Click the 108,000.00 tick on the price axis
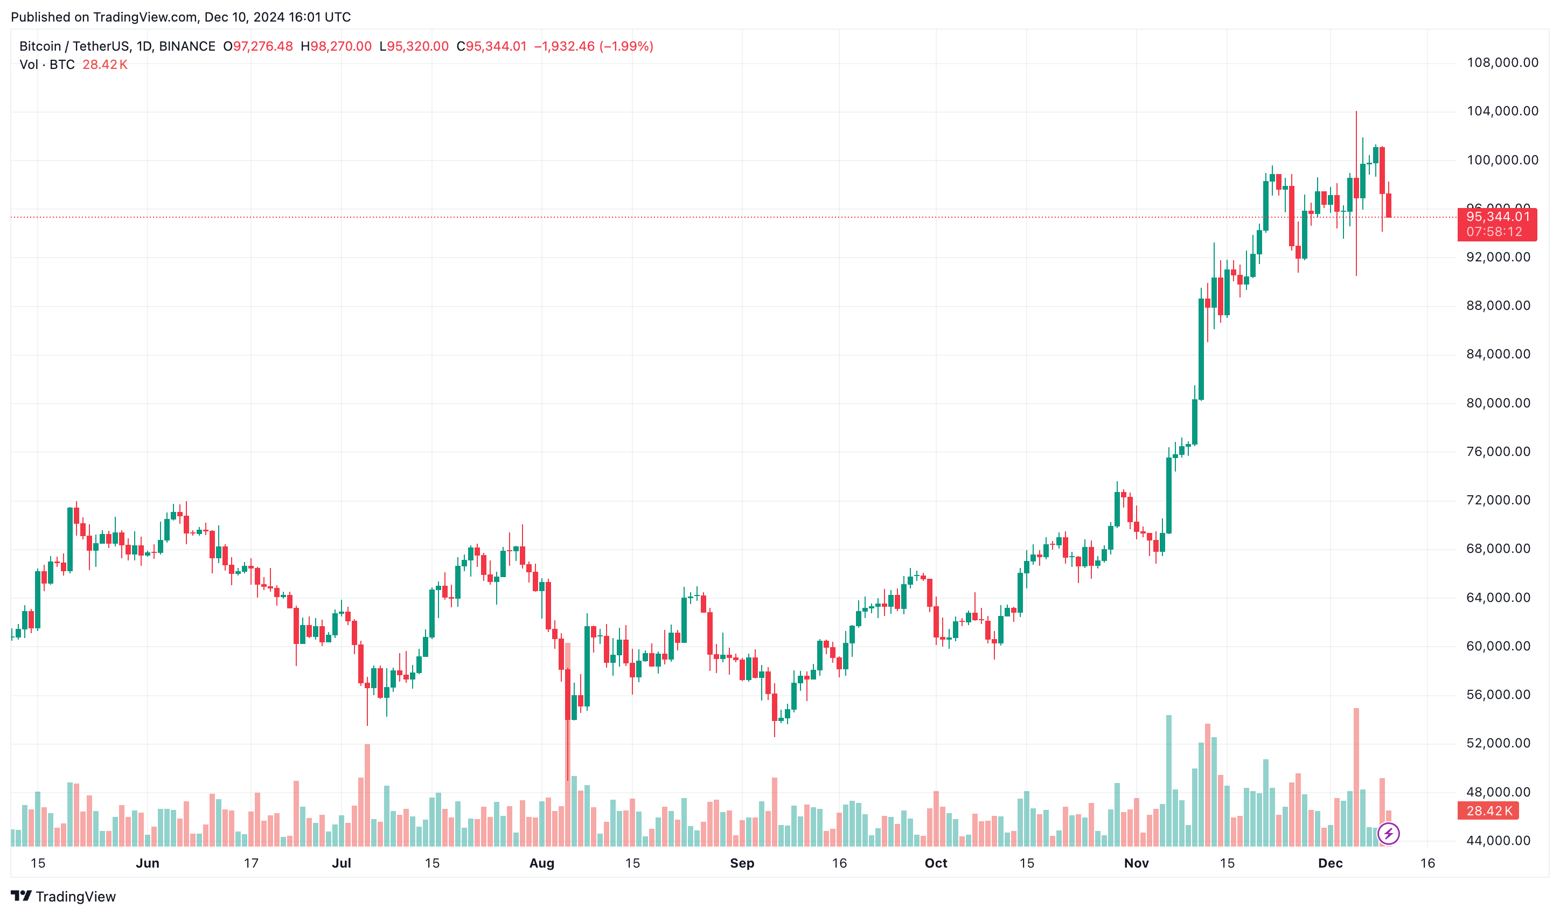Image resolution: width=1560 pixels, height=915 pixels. click(x=1502, y=63)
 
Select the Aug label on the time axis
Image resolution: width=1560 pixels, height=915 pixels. click(x=542, y=863)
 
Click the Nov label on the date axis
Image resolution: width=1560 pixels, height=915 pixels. click(x=1136, y=863)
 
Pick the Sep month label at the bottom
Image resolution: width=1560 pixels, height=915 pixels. click(x=742, y=863)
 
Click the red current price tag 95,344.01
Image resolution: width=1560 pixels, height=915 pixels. click(x=1497, y=217)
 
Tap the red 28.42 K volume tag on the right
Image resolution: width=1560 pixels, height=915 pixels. click(x=1488, y=810)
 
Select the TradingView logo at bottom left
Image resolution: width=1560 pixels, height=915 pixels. click(x=63, y=897)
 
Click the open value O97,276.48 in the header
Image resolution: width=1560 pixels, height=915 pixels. click(x=258, y=46)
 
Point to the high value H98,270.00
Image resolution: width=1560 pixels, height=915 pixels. click(x=336, y=46)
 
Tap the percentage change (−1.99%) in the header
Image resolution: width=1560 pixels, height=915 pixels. click(x=626, y=46)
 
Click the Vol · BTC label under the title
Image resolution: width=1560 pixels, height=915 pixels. click(x=47, y=64)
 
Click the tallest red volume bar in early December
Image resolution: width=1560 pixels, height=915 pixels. click(x=1356, y=777)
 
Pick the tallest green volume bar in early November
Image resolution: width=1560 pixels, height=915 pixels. click(x=1169, y=780)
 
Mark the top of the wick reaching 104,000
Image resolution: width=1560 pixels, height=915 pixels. click(x=1356, y=113)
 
